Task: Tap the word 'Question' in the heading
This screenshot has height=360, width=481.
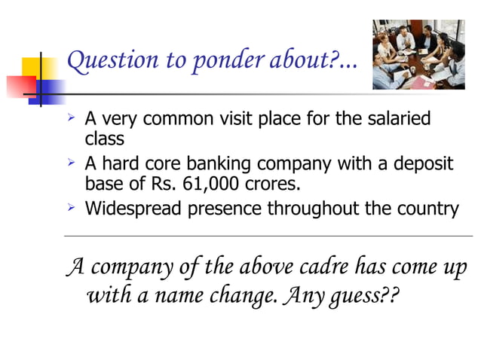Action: pos(102,62)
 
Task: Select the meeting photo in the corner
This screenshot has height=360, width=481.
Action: pos(418,54)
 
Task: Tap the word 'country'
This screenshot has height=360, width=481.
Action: pos(429,209)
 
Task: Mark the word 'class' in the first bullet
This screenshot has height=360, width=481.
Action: pos(104,139)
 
